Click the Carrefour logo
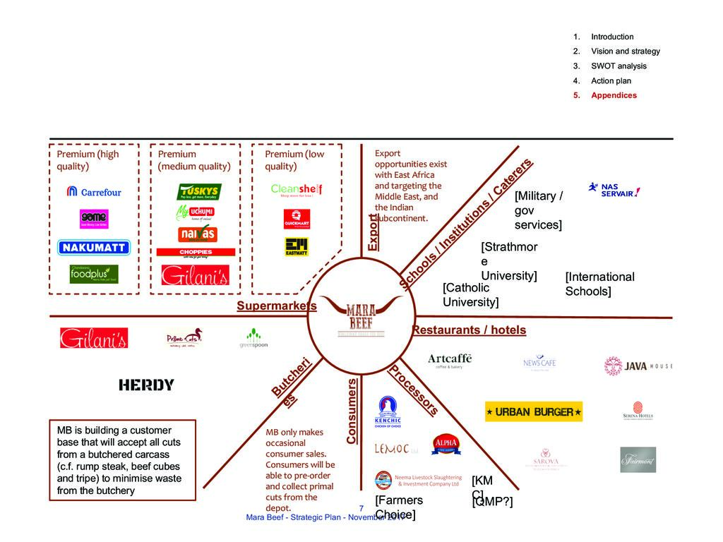[x=94, y=191]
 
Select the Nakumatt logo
[x=94, y=247]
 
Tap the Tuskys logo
[x=198, y=192]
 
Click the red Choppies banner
[x=196, y=252]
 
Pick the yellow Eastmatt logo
[x=297, y=246]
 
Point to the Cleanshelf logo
[x=297, y=191]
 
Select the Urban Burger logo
[x=533, y=411]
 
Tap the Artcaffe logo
[x=450, y=361]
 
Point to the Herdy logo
[x=146, y=385]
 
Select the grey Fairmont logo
[x=638, y=459]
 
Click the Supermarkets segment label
[x=277, y=306]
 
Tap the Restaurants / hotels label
[x=469, y=330]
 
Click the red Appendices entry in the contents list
[x=613, y=95]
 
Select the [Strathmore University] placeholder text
[x=509, y=260]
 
